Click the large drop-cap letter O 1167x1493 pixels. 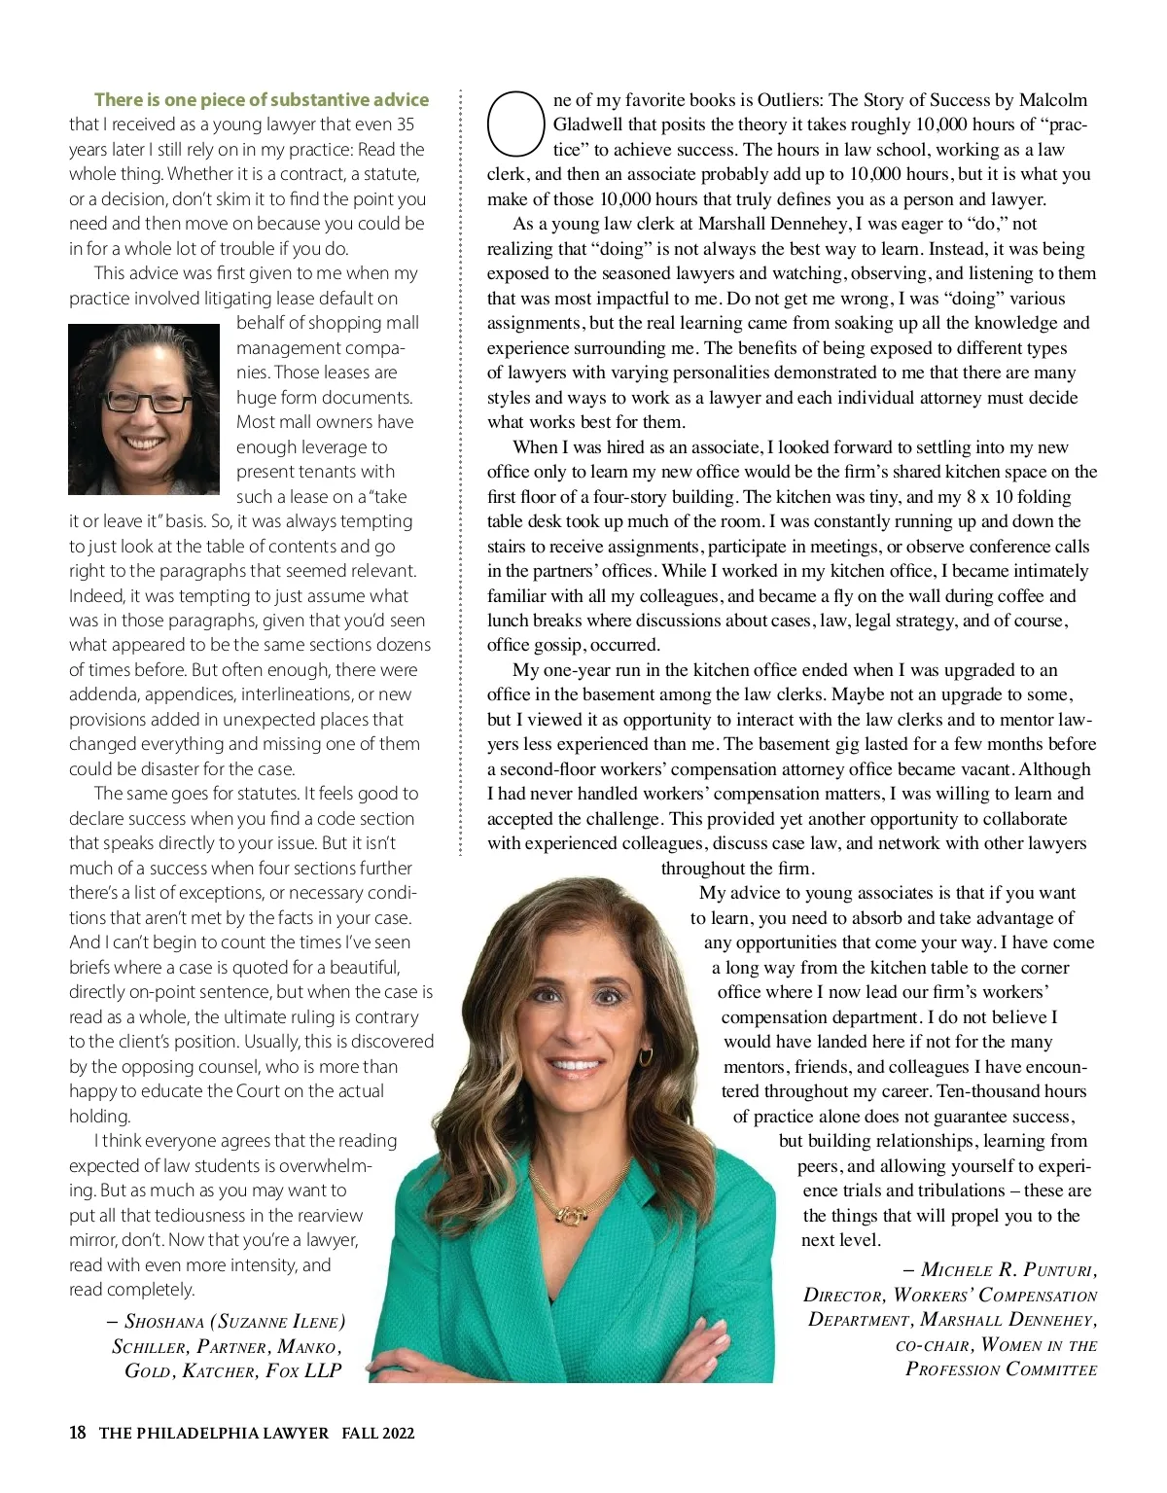click(514, 124)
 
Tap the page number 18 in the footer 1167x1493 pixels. click(78, 1433)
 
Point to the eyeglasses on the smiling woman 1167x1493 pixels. click(144, 400)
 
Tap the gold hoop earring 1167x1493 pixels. click(645, 1056)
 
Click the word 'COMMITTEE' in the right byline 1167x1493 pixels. click(1051, 1369)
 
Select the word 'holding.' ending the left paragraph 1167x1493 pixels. click(99, 1116)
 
